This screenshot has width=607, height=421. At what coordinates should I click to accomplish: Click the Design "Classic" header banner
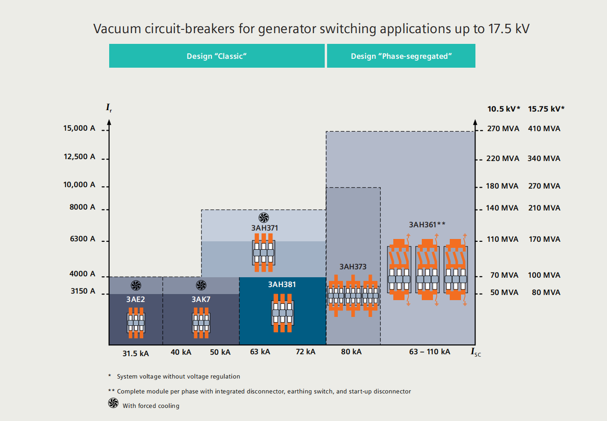[x=216, y=56]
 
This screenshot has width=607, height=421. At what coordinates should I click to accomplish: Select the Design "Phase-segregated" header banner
[x=401, y=56]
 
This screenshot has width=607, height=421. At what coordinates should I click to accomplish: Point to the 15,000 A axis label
[x=79, y=128]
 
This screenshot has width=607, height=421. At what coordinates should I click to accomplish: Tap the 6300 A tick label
[x=83, y=239]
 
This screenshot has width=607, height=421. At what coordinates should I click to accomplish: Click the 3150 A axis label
[x=83, y=291]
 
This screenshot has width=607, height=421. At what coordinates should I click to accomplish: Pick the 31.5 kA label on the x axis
[x=136, y=353]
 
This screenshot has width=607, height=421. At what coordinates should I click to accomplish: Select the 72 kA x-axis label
[x=306, y=351]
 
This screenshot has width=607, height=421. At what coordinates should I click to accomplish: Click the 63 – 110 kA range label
[x=430, y=351]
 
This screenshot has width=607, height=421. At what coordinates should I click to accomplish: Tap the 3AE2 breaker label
[x=136, y=300]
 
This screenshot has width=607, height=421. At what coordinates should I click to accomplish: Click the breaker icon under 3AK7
[x=201, y=323]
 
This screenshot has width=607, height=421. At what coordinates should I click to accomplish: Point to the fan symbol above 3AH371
[x=264, y=218]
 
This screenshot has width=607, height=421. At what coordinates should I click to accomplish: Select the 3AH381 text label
[x=282, y=284]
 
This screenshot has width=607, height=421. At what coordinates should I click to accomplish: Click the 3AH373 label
[x=353, y=267]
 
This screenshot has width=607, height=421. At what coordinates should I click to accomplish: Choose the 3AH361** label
[x=427, y=225]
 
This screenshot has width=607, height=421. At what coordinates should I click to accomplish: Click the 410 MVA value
[x=544, y=129]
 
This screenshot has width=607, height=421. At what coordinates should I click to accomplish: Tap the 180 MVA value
[x=502, y=186]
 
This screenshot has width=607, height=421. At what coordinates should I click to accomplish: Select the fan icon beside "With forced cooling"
[x=113, y=403]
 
